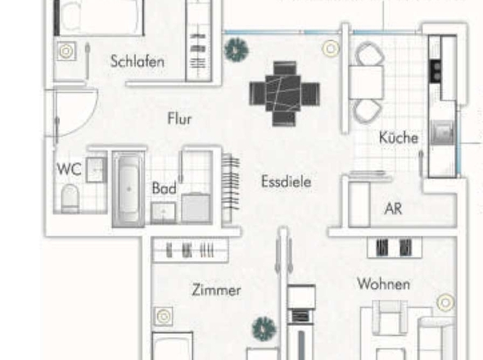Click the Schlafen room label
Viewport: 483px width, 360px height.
[x=138, y=61]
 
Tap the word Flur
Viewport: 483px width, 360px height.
[x=179, y=119]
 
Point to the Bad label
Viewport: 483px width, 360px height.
[x=164, y=188]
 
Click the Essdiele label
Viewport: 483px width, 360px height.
[x=286, y=182]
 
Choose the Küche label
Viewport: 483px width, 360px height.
[x=399, y=138]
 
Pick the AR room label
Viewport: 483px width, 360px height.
[x=394, y=209]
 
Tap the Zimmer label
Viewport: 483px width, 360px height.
[x=216, y=290]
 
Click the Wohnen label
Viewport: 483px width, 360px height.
[x=383, y=284]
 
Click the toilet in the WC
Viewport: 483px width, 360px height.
[x=70, y=197]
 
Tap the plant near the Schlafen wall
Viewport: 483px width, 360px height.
[x=236, y=50]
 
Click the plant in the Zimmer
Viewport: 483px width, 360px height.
[x=264, y=330]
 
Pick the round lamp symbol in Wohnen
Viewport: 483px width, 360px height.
[x=445, y=304]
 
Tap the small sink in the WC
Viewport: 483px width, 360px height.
[x=96, y=169]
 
